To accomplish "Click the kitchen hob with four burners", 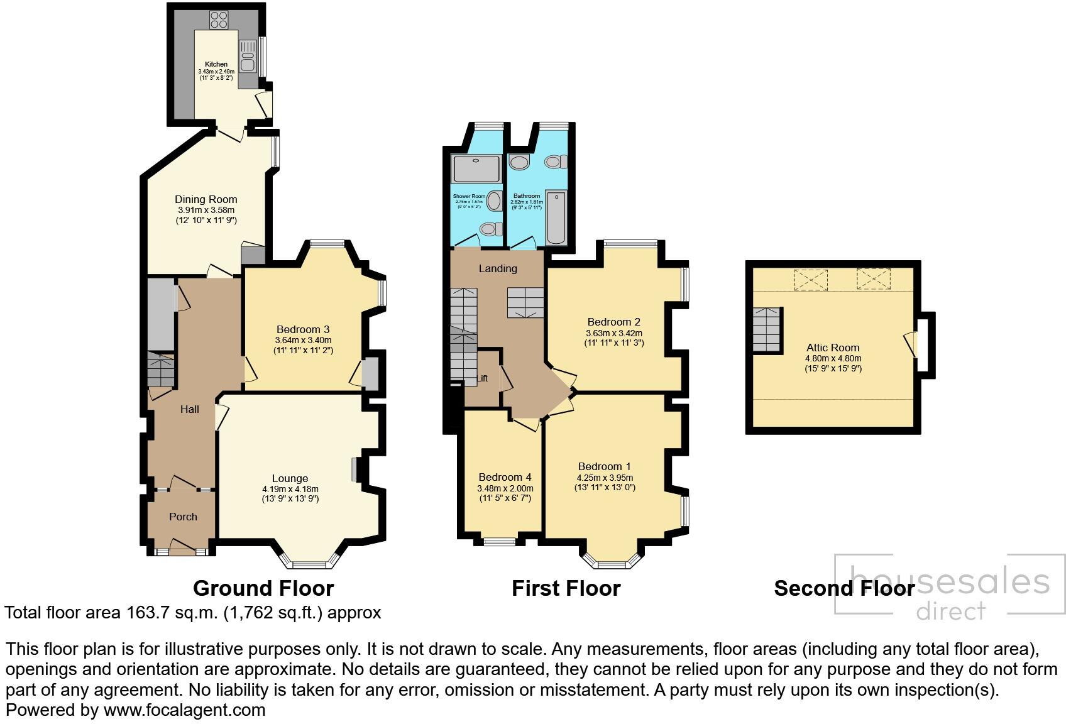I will coord(219,20).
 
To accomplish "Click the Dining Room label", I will coord(206,199).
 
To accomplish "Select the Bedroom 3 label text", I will coord(303,329).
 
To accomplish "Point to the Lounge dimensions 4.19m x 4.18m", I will coord(290,489).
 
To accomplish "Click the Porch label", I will coord(183,517).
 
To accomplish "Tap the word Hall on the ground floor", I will coord(189,409).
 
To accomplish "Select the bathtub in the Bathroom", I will coord(556,218).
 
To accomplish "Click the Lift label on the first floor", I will coord(482,378).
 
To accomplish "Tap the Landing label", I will coord(498,268).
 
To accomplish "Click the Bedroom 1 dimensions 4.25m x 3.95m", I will coord(605,477).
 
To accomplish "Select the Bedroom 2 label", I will coord(613,322).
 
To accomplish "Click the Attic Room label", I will coord(833,348).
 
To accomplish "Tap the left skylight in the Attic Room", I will coord(810,280).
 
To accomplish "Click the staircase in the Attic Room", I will coord(767,330).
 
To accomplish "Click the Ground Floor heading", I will coord(263,588).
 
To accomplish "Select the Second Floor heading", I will coord(843,588).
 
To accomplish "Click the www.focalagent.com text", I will coord(184,710).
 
